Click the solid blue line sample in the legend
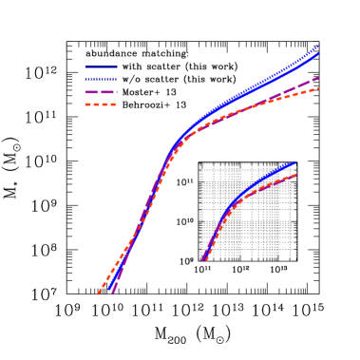point(101,67)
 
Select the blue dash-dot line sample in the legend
point(101,79)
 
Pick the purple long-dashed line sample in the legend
point(101,92)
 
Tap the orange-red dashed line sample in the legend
point(101,104)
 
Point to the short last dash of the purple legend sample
point(114,92)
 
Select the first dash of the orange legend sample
point(88,104)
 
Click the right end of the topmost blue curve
point(317,46)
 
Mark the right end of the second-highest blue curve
point(318,53)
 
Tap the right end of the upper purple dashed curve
point(318,78)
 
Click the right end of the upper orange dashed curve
point(318,88)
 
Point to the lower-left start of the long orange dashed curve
point(99,294)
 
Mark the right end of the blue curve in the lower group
point(294,162)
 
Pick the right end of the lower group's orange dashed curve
point(296,175)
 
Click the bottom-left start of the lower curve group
point(203,260)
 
